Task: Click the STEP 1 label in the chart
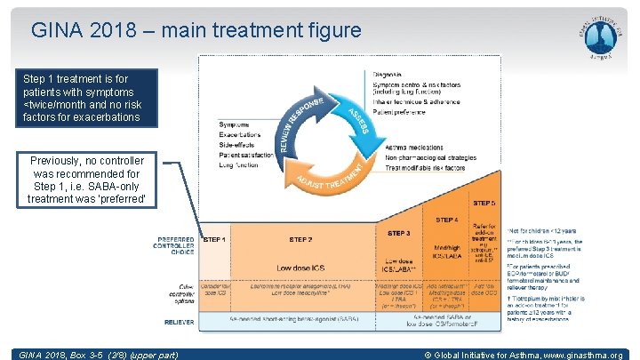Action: pos(216,239)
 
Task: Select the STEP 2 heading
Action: pos(300,239)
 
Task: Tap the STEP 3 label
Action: pos(398,233)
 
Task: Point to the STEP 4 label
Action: pos(446,220)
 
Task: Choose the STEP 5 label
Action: pos(484,204)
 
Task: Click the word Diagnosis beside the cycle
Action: pos(387,74)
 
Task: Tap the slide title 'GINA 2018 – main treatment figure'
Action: pos(196,30)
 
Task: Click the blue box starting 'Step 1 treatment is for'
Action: pos(78,99)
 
